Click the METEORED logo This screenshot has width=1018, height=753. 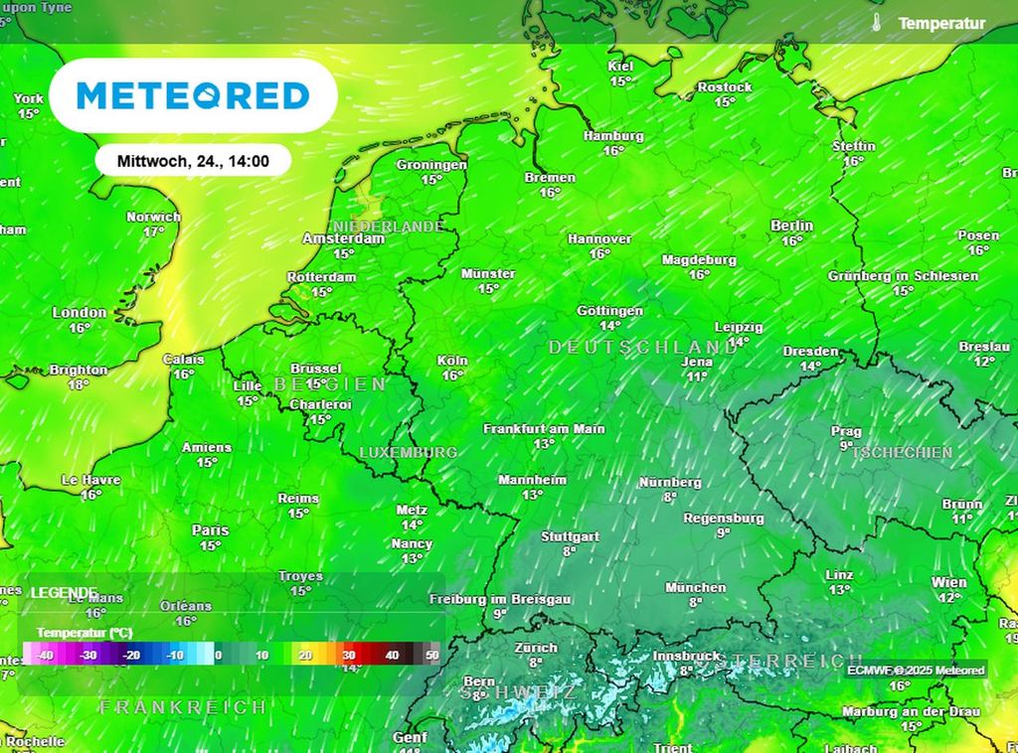193,95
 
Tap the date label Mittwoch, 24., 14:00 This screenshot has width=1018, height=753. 193,160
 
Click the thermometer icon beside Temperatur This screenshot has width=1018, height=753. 877,23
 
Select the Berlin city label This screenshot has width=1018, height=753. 791,226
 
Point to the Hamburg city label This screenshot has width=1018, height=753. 613,136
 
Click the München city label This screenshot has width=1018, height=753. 696,587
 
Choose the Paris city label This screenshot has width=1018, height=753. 210,530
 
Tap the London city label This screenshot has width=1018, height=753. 80,312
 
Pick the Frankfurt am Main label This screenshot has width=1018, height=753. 544,429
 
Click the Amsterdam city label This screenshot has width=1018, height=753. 343,238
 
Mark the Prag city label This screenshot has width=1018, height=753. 846,431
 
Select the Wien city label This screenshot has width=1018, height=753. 949,582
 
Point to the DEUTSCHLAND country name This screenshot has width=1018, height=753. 644,348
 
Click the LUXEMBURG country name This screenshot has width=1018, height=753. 408,452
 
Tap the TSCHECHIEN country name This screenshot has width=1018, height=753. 903,453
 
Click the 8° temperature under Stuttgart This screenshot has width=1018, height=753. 570,550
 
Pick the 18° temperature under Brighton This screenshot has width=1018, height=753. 79,384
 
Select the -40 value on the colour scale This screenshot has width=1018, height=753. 44,656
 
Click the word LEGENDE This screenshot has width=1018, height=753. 64,592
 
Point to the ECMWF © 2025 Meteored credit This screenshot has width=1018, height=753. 916,671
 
